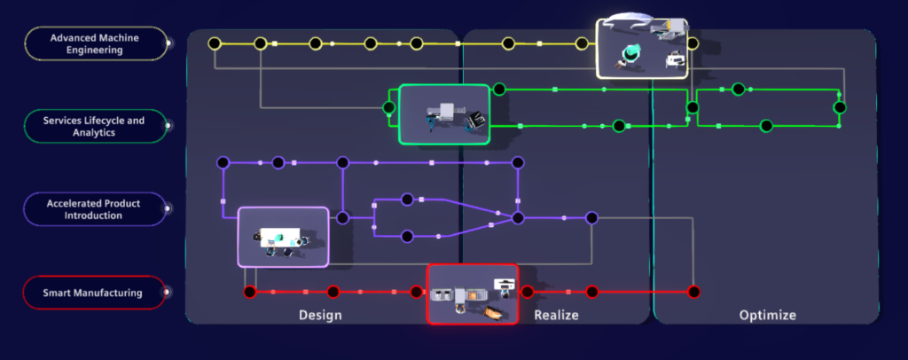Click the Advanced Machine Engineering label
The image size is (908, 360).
point(97,43)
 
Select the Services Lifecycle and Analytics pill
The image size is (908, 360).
point(97,125)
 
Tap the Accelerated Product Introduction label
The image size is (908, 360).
point(97,209)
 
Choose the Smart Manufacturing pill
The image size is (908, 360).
point(97,293)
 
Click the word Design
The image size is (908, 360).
point(320,315)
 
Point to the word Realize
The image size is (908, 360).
point(556,315)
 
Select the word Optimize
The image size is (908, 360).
point(767,315)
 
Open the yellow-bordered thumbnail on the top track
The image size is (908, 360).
point(641,47)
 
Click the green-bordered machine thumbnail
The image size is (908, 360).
point(444,114)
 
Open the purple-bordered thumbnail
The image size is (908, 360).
point(283,237)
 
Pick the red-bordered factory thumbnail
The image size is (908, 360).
point(473,293)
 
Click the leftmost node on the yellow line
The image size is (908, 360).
point(214,43)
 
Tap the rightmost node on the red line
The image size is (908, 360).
point(694,291)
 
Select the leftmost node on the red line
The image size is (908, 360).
point(250,291)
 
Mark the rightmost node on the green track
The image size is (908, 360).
point(839,107)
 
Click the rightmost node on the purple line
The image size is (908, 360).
point(591,217)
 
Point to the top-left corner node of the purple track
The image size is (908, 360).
point(223,162)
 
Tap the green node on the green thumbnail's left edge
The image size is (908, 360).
point(388,108)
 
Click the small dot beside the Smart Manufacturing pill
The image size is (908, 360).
point(169,293)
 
